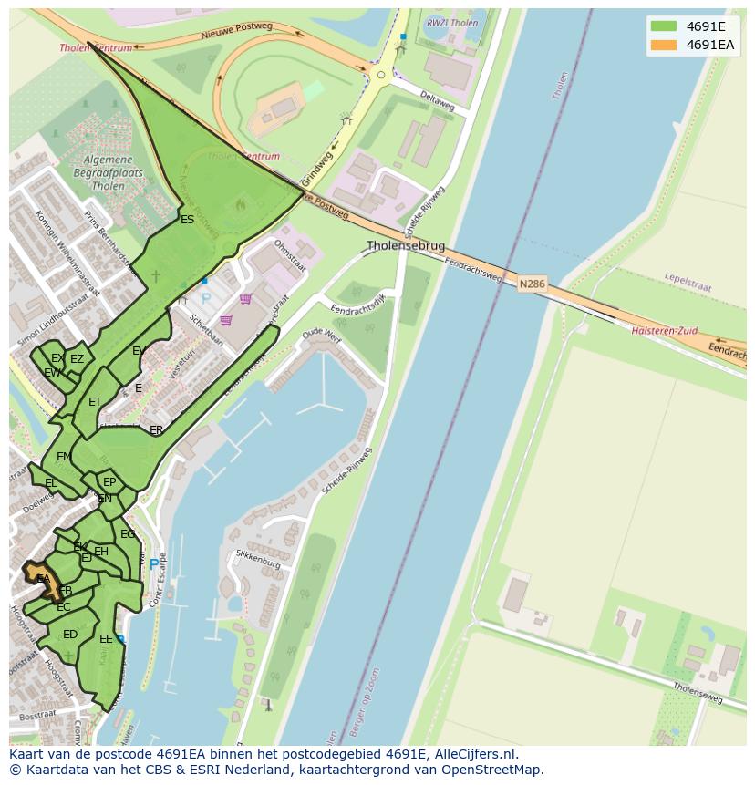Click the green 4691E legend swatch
[663, 26]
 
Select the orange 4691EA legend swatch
[663, 45]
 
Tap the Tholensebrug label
[406, 246]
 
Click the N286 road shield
[532, 284]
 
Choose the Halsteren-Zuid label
[662, 330]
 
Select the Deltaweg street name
[437, 101]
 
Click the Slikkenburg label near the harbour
[257, 563]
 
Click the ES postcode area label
[187, 220]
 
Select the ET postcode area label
[95, 402]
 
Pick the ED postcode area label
[70, 635]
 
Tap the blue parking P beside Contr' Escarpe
[153, 565]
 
